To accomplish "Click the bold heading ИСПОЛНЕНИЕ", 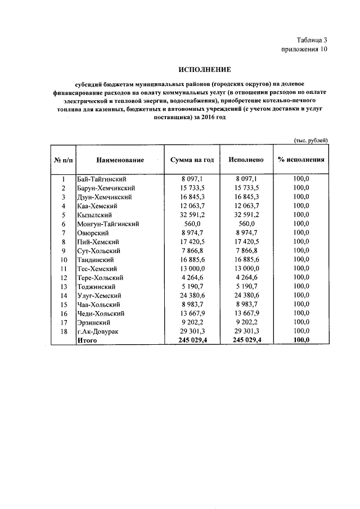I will (205, 70).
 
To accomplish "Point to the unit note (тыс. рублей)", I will (310, 140).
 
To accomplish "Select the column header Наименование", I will (120, 160).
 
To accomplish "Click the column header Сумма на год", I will (192, 160).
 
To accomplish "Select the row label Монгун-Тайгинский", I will (107, 224).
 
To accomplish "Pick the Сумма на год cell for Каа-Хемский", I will (192, 206).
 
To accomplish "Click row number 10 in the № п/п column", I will (64, 260).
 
